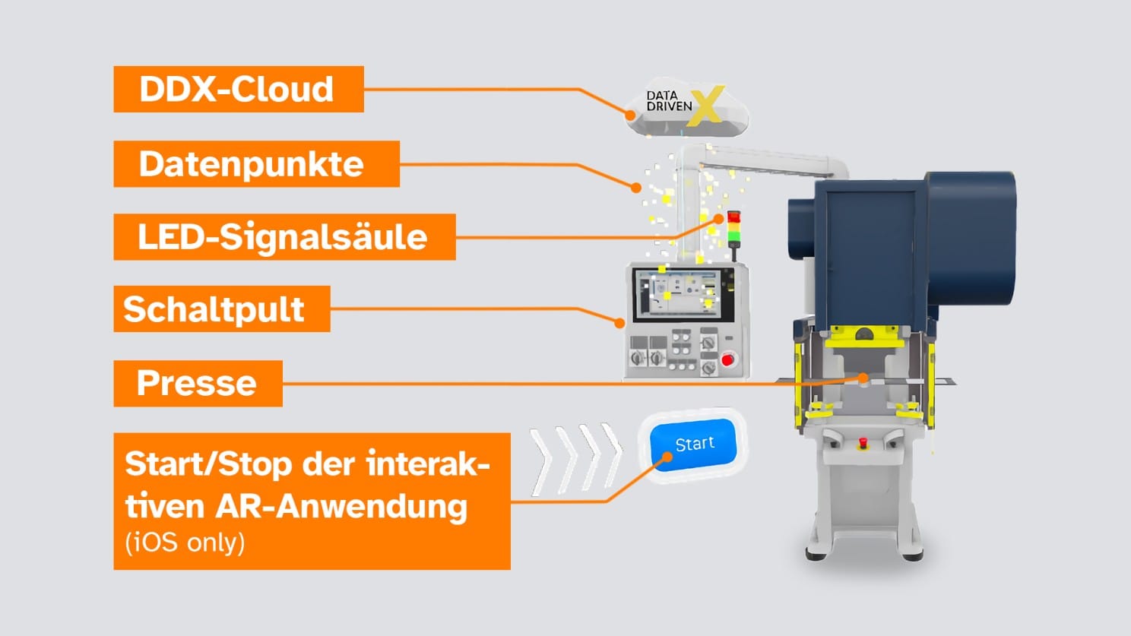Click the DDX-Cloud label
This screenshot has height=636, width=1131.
tap(238, 90)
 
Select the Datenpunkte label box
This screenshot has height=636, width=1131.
tap(256, 164)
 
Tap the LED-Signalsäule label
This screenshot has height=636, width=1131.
tap(284, 237)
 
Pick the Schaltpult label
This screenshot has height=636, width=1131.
tap(221, 309)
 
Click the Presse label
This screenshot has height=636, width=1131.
tap(198, 383)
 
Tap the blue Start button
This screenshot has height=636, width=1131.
tap(694, 445)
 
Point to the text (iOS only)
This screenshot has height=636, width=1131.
tap(185, 543)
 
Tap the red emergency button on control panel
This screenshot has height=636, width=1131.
tap(727, 359)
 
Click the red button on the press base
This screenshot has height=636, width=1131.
tap(863, 442)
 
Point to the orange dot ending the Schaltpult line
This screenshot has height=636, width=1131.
tap(619, 323)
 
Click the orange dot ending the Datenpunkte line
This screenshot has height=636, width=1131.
tap(636, 187)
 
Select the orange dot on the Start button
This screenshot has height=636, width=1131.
tap(667, 457)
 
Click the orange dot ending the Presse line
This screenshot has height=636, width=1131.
tap(863, 377)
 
